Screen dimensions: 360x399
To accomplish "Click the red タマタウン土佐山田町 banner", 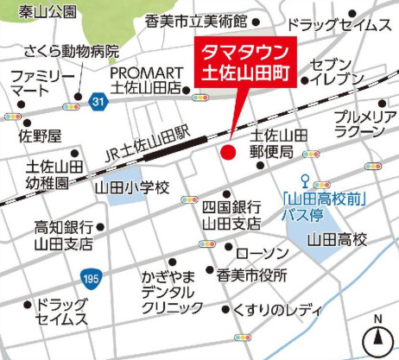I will [241, 63].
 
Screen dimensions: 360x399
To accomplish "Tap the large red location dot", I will [228, 153].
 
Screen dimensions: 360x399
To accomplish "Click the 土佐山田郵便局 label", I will [279, 143].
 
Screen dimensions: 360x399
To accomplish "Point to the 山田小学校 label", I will [135, 186].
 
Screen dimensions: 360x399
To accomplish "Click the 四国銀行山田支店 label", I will [231, 215].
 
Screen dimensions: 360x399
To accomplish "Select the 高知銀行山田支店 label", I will [63, 236].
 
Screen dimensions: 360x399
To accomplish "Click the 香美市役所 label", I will [251, 276].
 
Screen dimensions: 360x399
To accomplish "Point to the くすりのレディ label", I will [277, 309].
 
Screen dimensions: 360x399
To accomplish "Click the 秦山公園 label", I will [39, 11].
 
